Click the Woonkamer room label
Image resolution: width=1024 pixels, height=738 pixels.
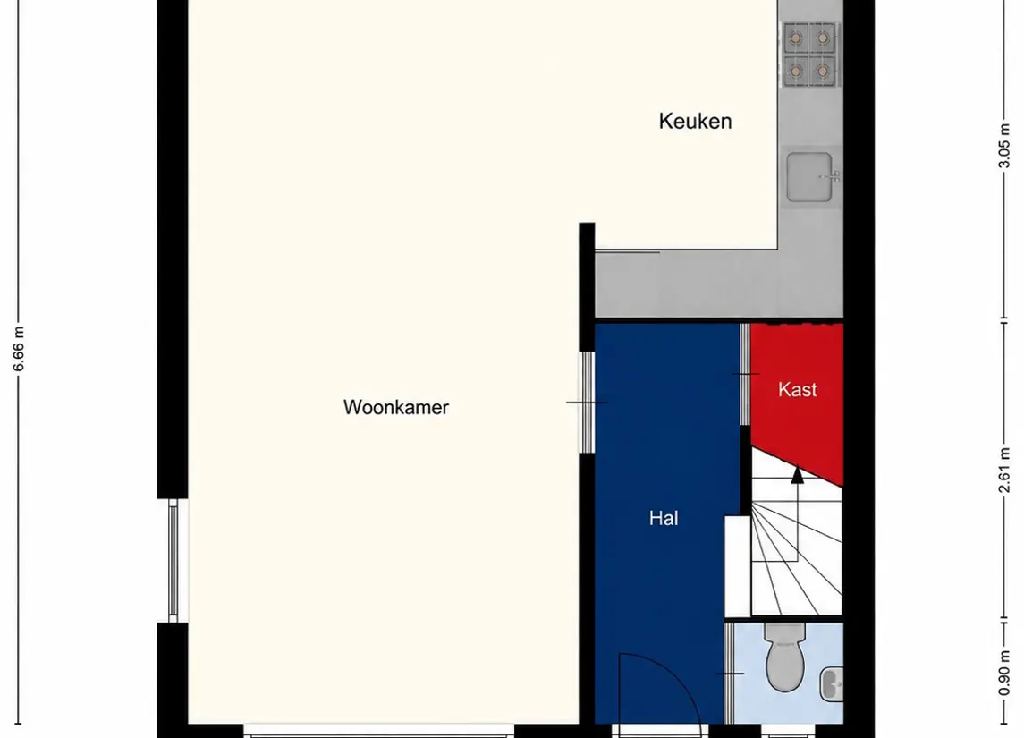396,407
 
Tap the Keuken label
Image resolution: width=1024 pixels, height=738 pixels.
695,121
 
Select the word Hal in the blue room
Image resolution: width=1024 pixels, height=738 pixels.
664,518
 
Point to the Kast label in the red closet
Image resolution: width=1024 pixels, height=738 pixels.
798,389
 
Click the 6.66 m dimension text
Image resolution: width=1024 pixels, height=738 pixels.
18,348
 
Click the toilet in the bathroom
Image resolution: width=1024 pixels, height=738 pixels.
785,657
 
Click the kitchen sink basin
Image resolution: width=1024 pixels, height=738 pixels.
809,177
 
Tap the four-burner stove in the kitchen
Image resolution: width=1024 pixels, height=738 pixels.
808,54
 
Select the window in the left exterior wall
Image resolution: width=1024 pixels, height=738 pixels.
173,561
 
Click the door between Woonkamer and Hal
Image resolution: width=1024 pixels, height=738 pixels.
587,403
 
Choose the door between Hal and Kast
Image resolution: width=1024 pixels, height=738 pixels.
745,374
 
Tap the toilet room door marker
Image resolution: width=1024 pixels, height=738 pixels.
730,674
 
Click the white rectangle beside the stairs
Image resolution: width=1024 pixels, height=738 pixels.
737,565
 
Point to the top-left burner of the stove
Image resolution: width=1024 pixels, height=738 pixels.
795,38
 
